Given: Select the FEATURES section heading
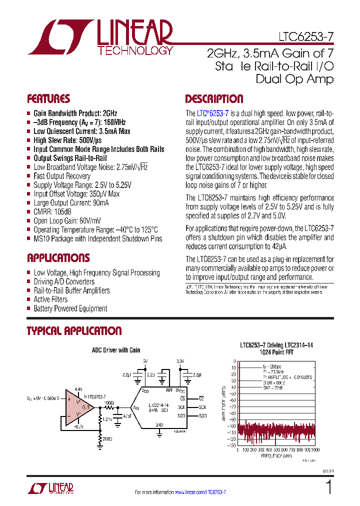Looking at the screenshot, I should tap(48, 98).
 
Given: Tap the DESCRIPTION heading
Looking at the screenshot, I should tap(214, 98).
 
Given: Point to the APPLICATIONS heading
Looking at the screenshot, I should tap(58, 258).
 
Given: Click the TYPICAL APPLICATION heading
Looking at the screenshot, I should tap(74, 331).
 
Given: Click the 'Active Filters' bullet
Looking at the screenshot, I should tap(50, 299).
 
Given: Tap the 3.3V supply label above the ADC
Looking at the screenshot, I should tap(180, 361).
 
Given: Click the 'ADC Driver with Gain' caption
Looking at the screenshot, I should tap(116, 350).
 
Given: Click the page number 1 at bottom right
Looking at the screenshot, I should tap(329, 486).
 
